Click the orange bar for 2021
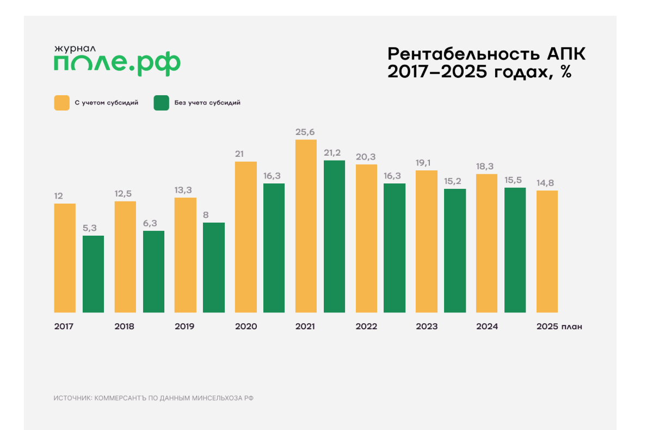306,226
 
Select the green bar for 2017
93,274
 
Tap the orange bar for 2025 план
547,251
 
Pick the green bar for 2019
214,267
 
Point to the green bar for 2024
515,250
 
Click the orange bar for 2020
245,237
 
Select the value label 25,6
306,132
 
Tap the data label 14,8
547,183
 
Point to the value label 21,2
334,152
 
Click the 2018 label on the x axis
125,327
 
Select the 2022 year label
366,327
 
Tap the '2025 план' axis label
559,327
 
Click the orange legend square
61,102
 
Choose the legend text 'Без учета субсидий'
207,102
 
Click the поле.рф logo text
117,65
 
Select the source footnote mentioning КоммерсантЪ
154,398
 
